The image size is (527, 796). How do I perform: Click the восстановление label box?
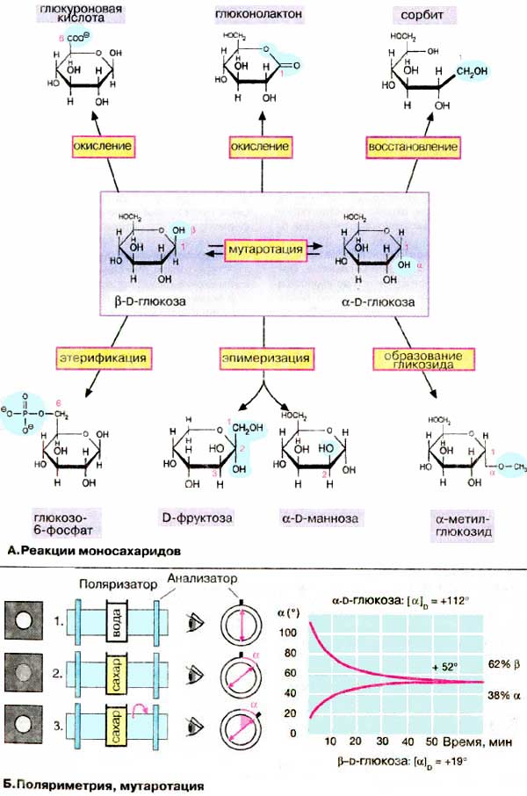414,145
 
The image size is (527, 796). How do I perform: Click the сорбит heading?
410,14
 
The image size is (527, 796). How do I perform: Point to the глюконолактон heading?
261,14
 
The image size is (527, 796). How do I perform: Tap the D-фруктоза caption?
198,518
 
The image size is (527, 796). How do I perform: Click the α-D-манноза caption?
320,518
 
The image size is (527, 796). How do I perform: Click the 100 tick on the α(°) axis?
305,632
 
